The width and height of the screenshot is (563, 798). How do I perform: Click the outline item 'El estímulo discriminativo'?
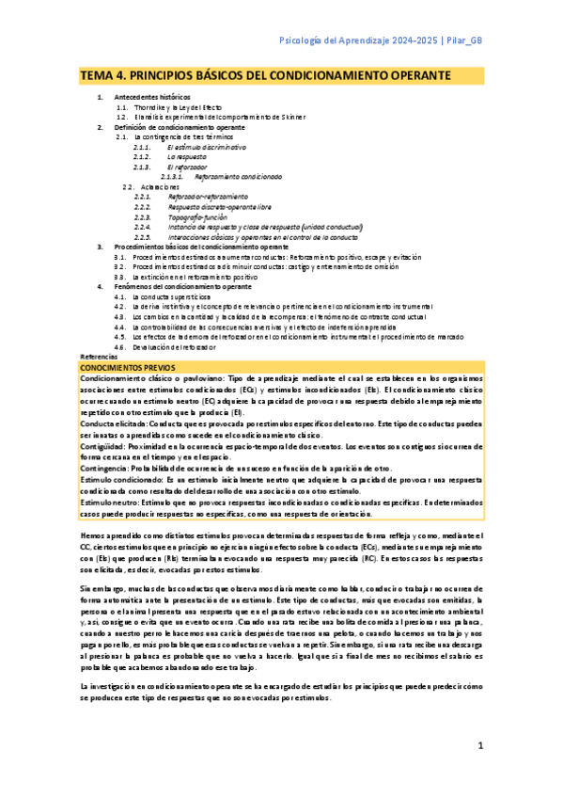pyautogui.click(x=206, y=148)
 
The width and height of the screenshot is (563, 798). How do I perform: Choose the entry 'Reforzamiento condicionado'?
pyautogui.click(x=238, y=176)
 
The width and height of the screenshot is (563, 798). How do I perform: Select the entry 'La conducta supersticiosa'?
pyautogui.click(x=176, y=296)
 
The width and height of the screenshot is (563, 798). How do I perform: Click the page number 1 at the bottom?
pyautogui.click(x=479, y=746)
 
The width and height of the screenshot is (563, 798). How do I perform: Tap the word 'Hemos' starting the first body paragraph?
pyautogui.click(x=93, y=535)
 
